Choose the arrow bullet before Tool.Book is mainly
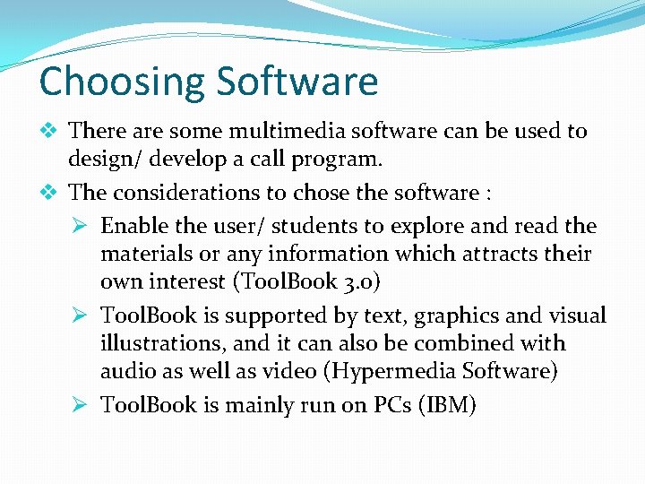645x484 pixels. tap(82, 406)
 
